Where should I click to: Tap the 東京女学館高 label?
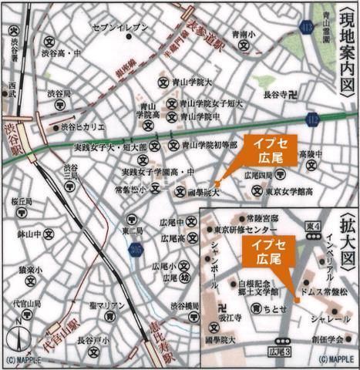(290, 192)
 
